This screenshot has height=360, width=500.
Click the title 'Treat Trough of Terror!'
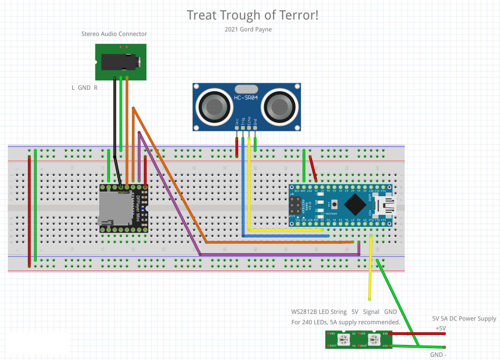click(x=252, y=15)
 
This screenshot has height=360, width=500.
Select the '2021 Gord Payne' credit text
click(x=248, y=29)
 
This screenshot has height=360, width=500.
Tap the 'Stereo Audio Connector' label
click(x=114, y=34)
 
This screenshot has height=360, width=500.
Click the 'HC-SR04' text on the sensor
click(x=246, y=98)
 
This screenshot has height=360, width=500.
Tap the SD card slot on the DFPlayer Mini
click(x=115, y=208)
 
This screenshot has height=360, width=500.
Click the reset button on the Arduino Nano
click(x=335, y=205)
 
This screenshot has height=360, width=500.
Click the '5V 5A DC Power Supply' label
click(x=464, y=319)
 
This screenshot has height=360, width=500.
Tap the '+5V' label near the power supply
click(x=440, y=328)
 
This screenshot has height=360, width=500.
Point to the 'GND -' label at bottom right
click(x=438, y=354)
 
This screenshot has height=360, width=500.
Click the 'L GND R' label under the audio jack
click(x=84, y=88)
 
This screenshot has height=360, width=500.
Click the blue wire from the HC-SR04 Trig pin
click(x=243, y=188)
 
